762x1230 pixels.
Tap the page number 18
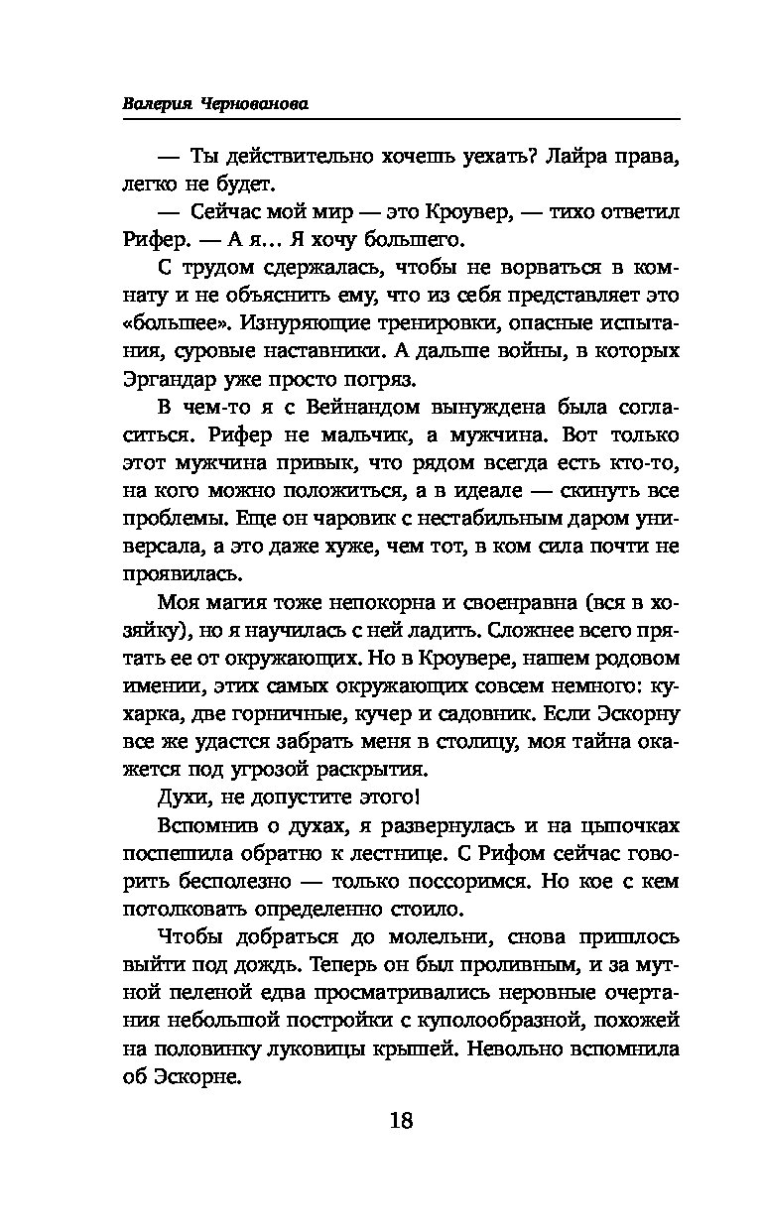coord(401,1122)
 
